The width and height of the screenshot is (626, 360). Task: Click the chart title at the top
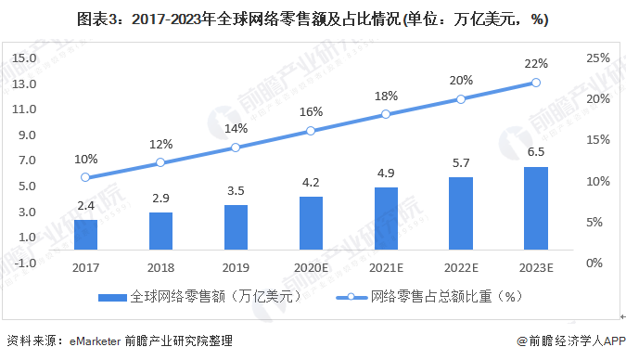pyautogui.click(x=313, y=19)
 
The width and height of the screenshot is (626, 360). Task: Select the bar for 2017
pyautogui.click(x=85, y=234)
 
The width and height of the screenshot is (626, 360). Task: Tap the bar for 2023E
pyautogui.click(x=535, y=208)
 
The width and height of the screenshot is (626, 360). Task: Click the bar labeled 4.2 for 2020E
pyautogui.click(x=311, y=223)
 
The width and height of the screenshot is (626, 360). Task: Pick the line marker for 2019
pyautogui.click(x=236, y=148)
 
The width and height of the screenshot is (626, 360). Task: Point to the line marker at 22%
pyautogui.click(x=535, y=83)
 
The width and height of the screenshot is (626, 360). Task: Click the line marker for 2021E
pyautogui.click(x=386, y=114)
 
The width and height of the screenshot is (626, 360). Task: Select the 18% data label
pyautogui.click(x=386, y=96)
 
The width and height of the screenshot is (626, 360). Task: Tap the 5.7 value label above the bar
pyautogui.click(x=461, y=163)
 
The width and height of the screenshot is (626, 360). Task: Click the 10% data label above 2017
pyautogui.click(x=85, y=159)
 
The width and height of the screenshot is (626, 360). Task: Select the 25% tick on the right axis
pyautogui.click(x=598, y=58)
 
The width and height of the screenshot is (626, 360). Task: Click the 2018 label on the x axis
pyautogui.click(x=160, y=267)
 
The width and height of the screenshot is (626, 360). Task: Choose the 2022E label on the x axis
pyautogui.click(x=461, y=267)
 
